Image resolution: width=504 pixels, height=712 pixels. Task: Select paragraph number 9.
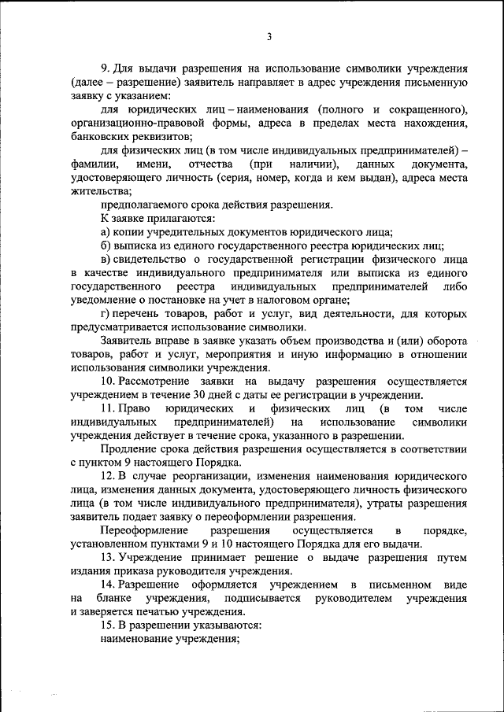[x=106, y=68]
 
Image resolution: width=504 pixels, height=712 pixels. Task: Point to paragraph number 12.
[x=109, y=477]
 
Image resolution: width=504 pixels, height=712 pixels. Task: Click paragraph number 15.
[x=109, y=625]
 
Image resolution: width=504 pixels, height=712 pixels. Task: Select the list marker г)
[x=105, y=314]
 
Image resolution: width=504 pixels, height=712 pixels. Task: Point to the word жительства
[x=97, y=191]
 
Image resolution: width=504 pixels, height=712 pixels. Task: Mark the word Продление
[x=127, y=449]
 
